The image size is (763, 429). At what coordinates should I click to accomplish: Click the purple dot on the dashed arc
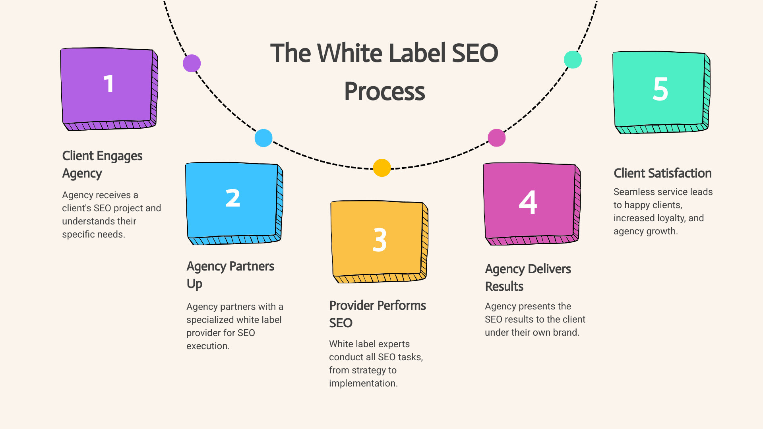192,64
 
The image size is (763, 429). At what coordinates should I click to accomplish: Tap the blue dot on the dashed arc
263,138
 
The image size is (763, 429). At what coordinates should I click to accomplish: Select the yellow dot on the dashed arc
382,168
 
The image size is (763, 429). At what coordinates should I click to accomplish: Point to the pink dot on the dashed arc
497,138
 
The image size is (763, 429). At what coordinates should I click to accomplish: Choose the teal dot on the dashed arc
573,60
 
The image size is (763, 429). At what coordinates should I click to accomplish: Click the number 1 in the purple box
108,84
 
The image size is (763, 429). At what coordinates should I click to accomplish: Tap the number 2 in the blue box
233,198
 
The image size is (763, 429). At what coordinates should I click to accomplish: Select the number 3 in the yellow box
380,240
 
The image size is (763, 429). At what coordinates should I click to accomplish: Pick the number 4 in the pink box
528,203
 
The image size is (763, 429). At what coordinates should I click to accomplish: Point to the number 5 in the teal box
660,89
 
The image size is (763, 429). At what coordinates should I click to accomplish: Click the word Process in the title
385,91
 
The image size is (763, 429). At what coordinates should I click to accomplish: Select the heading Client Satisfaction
662,173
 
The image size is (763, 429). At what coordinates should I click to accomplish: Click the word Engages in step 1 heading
119,156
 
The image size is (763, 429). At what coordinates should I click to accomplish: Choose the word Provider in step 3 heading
352,305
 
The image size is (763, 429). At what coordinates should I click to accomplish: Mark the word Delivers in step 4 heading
550,269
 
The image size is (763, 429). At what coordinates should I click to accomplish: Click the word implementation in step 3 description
363,383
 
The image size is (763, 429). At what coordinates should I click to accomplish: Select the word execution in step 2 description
207,346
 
